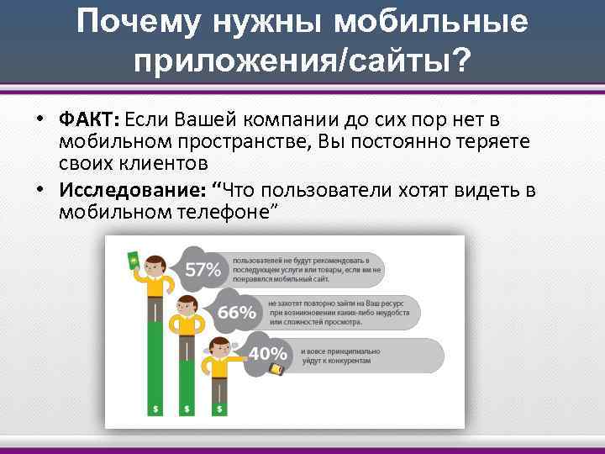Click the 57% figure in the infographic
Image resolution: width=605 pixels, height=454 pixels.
(x=203, y=270)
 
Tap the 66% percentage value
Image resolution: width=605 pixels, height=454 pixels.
(x=237, y=312)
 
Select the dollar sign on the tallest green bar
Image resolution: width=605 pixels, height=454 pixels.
(x=155, y=409)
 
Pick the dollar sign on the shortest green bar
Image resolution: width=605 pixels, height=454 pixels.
(x=219, y=409)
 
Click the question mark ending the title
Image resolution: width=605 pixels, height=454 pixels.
(x=462, y=61)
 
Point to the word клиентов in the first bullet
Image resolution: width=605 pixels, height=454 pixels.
(x=164, y=161)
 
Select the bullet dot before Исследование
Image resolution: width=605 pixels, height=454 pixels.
(x=39, y=189)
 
